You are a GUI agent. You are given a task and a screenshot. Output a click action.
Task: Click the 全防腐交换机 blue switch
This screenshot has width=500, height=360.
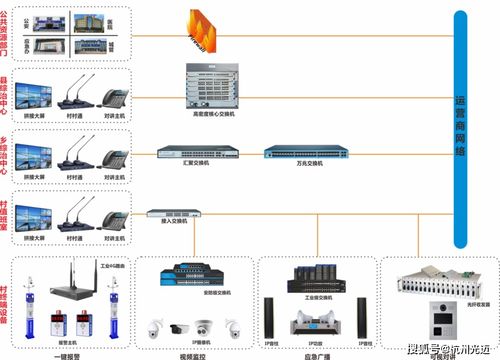[x=192, y=272]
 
